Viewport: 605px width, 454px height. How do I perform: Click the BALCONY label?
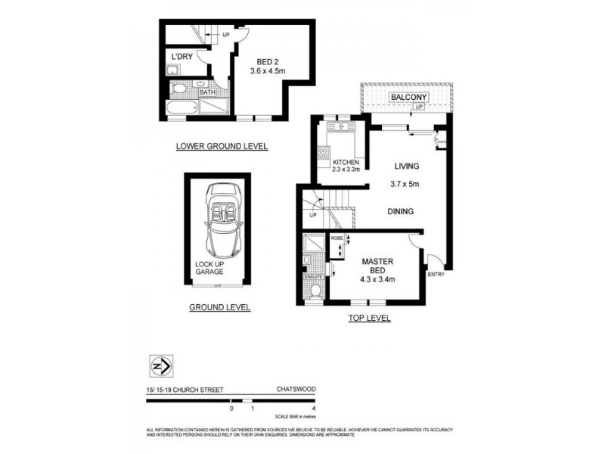pos(408,98)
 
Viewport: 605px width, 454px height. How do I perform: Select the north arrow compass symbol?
pos(161,366)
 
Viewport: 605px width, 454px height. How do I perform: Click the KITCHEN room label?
pos(346,163)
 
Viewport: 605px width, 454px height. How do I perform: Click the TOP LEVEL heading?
pos(369,319)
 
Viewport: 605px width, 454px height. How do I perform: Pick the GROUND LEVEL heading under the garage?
pos(220,308)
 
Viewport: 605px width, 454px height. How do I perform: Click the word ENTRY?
pos(436,274)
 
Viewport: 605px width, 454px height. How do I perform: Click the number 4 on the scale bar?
pos(312,409)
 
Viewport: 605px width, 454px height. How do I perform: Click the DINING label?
pos(400,212)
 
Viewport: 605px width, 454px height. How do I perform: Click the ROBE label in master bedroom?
pos(337,238)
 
